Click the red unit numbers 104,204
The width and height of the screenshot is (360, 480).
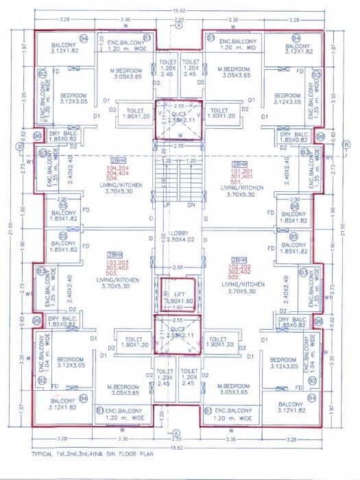(x=118, y=174)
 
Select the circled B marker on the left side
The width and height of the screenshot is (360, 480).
(x=20, y=145)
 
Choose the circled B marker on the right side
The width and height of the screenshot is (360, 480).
(x=346, y=145)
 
